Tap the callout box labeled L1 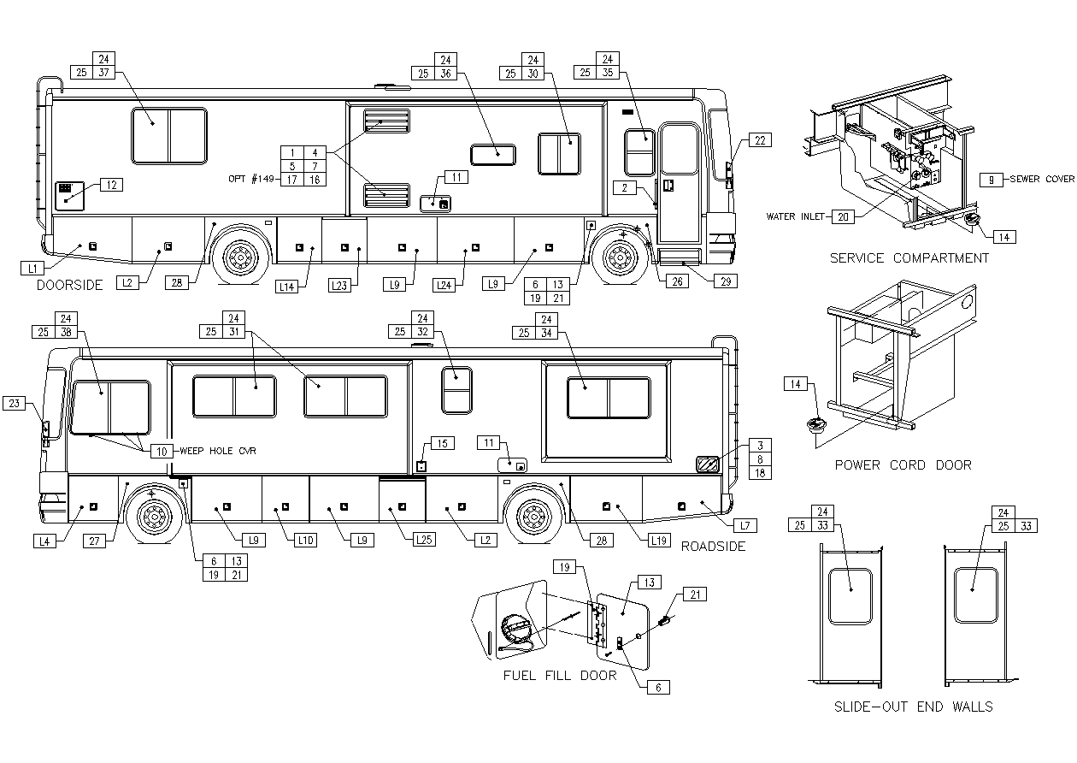[32, 268]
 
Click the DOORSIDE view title [69, 286]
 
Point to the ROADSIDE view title [713, 546]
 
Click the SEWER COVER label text [1041, 180]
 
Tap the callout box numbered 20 [844, 217]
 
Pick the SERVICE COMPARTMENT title [909, 258]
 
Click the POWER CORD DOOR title [903, 465]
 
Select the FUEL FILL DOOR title [560, 676]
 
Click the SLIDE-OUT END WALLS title [913, 707]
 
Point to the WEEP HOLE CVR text [218, 451]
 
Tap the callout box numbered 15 [443, 443]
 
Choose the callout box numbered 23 [15, 404]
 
